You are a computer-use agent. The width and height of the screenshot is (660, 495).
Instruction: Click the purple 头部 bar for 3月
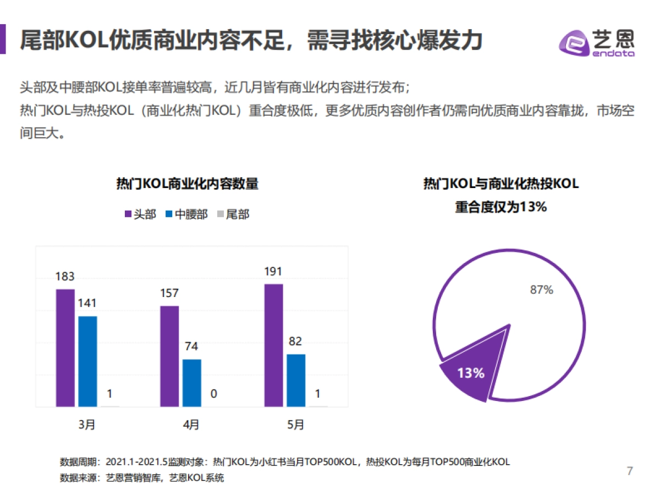click(65, 348)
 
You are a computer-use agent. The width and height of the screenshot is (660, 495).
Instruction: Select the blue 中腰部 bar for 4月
click(191, 383)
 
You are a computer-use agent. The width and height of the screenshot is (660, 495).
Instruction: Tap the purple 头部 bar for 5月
click(273, 345)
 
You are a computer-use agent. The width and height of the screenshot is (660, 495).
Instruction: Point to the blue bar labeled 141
click(87, 361)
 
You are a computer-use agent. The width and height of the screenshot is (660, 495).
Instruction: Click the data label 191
click(273, 271)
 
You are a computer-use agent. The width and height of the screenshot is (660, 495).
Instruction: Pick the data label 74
click(191, 346)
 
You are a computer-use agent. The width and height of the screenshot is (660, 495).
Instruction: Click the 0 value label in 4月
click(213, 394)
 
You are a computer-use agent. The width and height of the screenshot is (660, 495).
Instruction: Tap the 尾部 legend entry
click(233, 214)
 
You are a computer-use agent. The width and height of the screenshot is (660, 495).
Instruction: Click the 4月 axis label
click(191, 425)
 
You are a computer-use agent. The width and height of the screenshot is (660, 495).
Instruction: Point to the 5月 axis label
click(295, 425)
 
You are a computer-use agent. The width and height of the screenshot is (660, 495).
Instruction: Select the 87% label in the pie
click(541, 290)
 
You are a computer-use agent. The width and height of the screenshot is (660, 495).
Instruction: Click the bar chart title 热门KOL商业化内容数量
click(187, 184)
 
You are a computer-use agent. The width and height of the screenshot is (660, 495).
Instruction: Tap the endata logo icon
click(574, 43)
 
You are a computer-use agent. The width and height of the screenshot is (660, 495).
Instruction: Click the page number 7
click(630, 471)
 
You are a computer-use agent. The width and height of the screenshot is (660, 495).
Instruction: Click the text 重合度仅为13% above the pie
click(501, 207)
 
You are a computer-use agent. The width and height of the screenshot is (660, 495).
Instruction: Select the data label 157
click(169, 293)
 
